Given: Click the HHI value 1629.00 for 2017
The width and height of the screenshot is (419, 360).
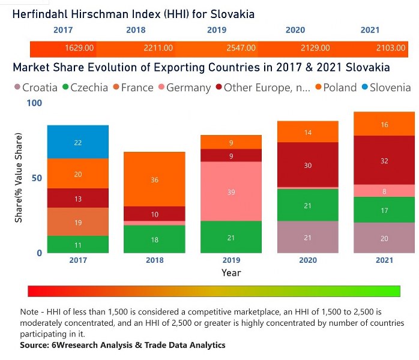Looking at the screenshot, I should (x=79, y=48).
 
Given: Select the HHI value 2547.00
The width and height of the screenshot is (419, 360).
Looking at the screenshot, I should (x=242, y=48).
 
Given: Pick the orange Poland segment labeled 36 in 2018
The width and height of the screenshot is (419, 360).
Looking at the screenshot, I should (x=155, y=179).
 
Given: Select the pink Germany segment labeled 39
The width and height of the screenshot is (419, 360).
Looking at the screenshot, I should (x=231, y=191).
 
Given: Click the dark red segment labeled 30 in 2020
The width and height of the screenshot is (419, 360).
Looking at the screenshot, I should (x=308, y=165).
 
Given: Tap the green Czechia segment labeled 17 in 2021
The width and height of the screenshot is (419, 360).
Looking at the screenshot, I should (x=384, y=210).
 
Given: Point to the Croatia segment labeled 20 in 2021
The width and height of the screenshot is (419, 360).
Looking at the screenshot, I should (x=384, y=238).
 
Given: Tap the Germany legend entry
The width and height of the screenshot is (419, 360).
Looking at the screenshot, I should (x=182, y=88).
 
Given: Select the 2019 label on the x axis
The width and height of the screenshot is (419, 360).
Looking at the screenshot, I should (x=231, y=260).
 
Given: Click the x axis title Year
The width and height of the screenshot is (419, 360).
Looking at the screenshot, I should (x=231, y=272).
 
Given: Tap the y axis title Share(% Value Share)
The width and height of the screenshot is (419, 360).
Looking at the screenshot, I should (x=19, y=178).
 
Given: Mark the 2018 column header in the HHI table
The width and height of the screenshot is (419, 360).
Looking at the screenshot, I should (x=136, y=30).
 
